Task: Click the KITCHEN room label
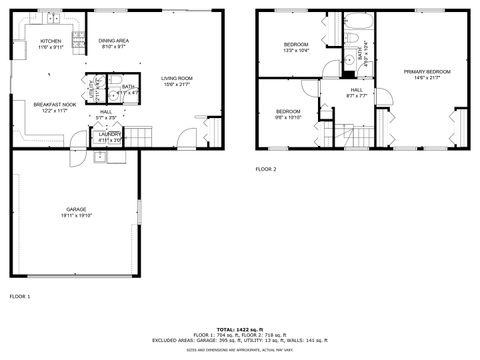(51, 41)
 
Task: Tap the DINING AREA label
(112, 41)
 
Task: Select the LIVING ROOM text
(177, 78)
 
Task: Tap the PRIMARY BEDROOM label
(427, 72)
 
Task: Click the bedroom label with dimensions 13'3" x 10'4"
(296, 45)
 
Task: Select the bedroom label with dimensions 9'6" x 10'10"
(288, 111)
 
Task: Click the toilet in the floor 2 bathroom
(355, 40)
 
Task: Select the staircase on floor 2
(345, 132)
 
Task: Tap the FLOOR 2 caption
(266, 170)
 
